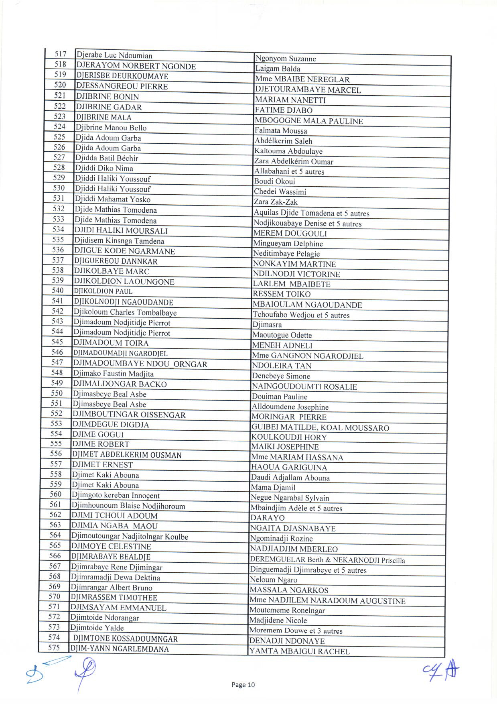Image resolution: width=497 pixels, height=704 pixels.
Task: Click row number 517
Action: click(61, 54)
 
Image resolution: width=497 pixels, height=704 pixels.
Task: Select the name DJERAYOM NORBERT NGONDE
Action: click(136, 66)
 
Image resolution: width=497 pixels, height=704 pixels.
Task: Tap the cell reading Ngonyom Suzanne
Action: click(286, 59)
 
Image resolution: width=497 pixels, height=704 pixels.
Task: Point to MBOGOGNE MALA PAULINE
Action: click(309, 121)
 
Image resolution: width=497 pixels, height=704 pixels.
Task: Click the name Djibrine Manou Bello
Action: click(111, 128)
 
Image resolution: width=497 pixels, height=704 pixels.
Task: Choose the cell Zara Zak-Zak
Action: click(276, 202)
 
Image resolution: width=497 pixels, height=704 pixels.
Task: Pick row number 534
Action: click(58, 229)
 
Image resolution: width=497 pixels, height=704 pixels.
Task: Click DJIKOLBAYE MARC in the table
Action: click(112, 271)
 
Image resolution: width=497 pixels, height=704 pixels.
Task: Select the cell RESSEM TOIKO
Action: click(282, 294)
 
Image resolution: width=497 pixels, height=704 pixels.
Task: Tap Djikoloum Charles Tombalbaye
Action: click(125, 312)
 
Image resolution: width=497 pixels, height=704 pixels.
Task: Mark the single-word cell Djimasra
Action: click(267, 325)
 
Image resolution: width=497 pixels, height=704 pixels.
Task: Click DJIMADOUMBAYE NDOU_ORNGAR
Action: click(140, 364)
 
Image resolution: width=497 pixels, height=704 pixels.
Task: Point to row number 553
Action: click(56, 423)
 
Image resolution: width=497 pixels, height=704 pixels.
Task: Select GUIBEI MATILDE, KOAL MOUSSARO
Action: click(320, 427)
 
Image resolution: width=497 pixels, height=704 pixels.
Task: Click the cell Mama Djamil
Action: click(273, 488)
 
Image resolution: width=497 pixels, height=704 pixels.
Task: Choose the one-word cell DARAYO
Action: click(268, 518)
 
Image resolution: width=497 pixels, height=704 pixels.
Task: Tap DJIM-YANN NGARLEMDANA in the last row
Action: click(120, 649)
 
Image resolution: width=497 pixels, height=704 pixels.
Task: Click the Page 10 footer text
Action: click(243, 685)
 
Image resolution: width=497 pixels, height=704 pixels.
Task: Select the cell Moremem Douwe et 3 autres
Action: click(296, 631)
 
